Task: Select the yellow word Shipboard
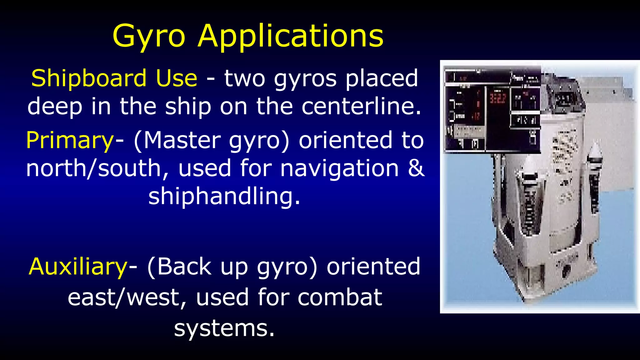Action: (89, 78)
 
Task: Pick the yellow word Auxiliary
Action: (78, 267)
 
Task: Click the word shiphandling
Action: (224, 196)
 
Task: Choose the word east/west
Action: (127, 297)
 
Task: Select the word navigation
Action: (340, 168)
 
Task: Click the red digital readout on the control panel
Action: (497, 98)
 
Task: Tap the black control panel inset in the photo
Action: (492, 109)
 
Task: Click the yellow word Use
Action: (177, 78)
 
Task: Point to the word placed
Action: (382, 78)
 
